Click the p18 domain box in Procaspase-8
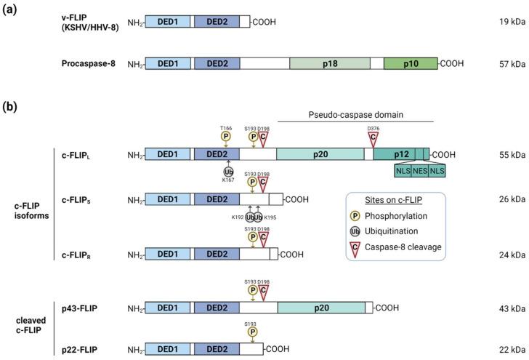330,64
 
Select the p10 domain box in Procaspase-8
411,64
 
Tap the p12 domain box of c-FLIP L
402,154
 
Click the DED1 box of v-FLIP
169,23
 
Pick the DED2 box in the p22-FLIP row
217,348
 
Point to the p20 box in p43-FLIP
321,308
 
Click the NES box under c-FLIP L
421,170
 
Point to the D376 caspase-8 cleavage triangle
373,136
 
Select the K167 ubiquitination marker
229,171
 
